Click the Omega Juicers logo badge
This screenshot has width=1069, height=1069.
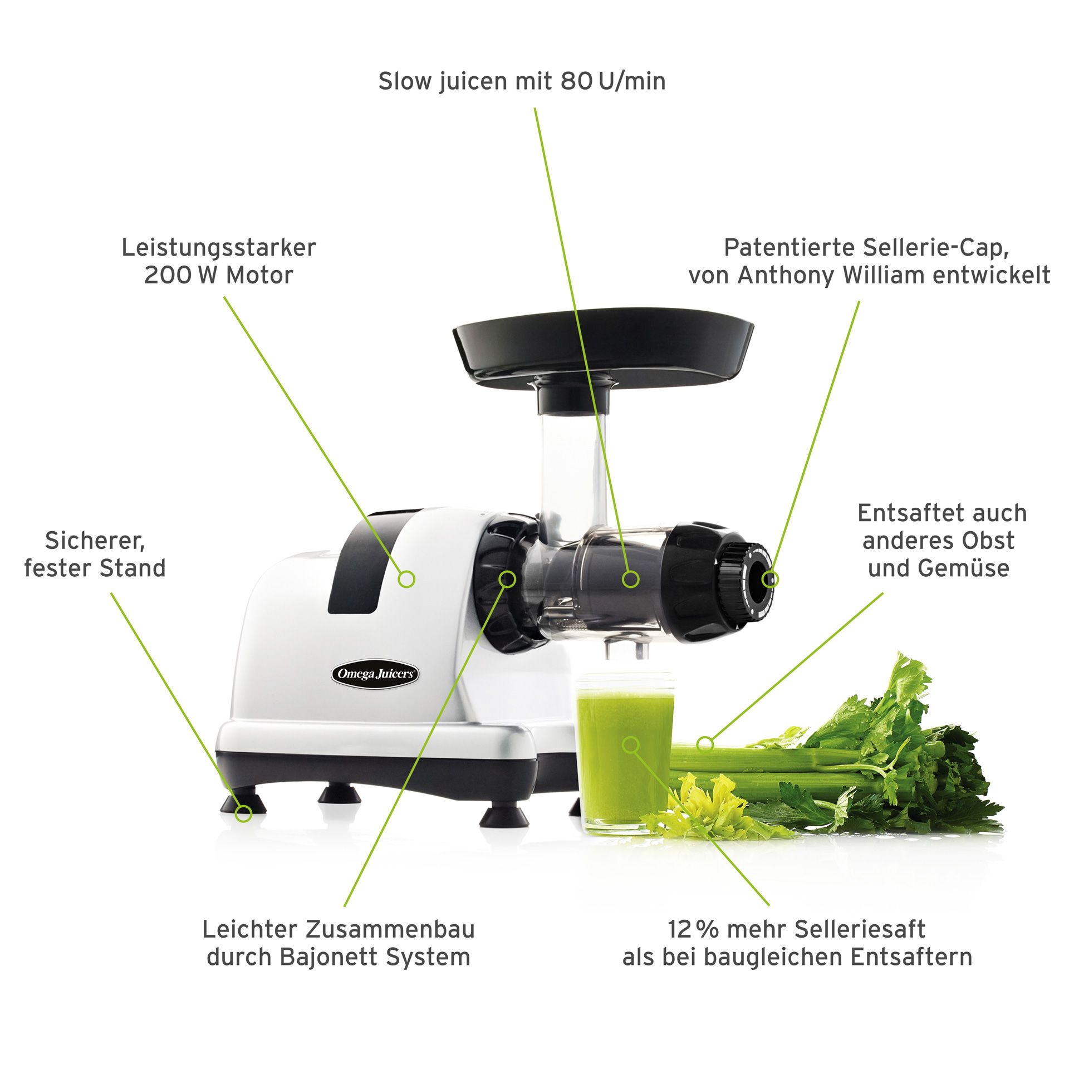point(375,674)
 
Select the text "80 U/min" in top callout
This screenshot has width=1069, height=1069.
point(612,81)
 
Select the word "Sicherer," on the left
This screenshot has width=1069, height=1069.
point(95,540)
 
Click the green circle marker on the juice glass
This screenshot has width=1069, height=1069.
point(630,744)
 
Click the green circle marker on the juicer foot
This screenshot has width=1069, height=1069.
point(243,813)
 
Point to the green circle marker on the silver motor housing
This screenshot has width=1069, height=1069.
point(406,579)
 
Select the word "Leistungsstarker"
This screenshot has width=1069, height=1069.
point(219,248)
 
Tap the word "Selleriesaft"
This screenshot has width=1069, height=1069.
point(860,929)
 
